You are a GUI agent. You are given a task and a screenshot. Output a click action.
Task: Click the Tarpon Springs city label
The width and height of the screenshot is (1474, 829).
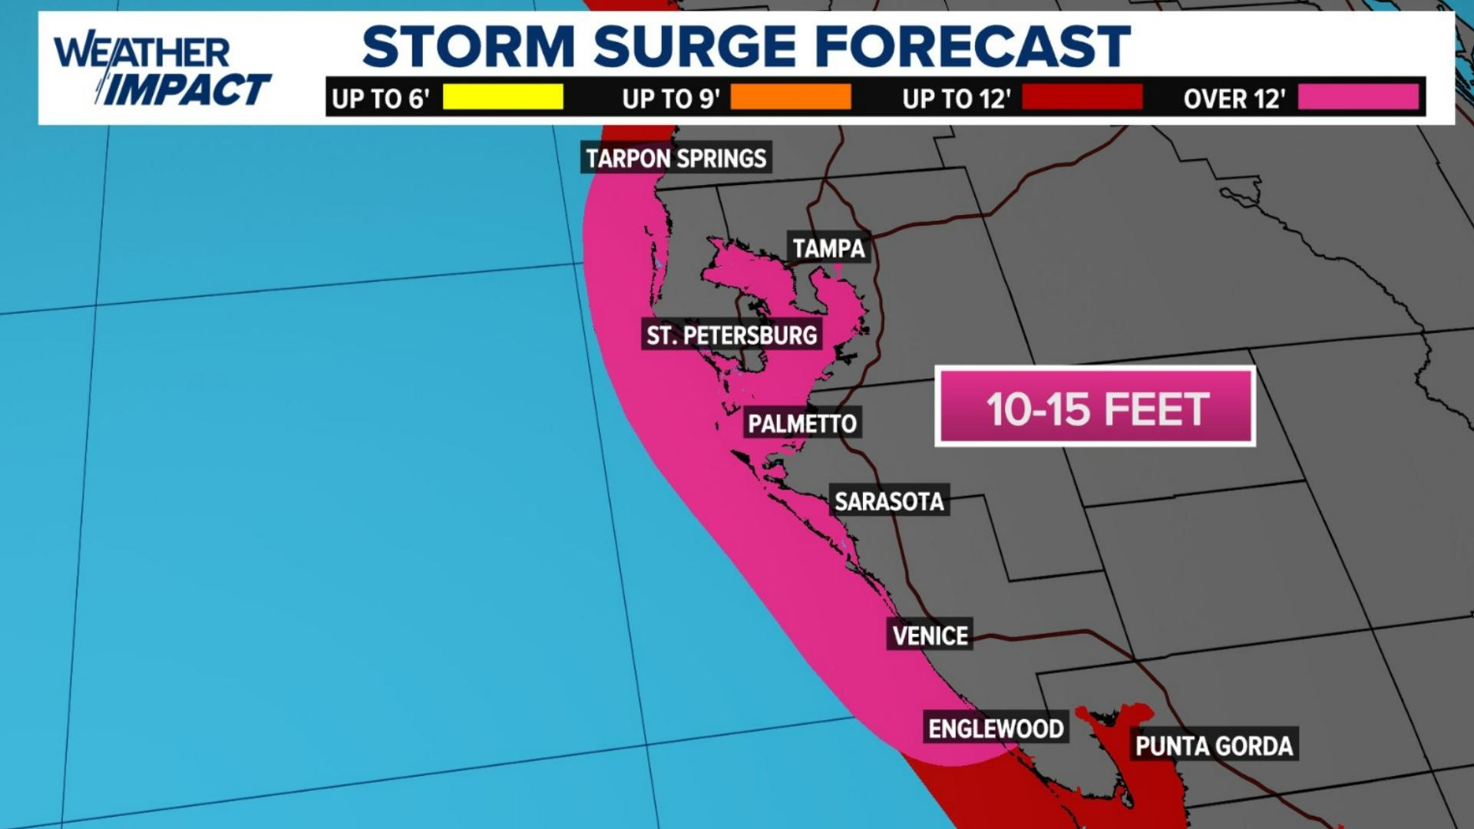pyautogui.click(x=676, y=158)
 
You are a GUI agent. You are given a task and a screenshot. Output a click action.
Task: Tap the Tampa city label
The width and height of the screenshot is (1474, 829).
pyautogui.click(x=828, y=248)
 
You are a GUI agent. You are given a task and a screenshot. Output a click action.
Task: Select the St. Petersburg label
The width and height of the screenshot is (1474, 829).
pyautogui.click(x=732, y=335)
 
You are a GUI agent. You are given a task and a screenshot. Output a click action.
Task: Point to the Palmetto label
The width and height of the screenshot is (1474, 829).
pyautogui.click(x=802, y=424)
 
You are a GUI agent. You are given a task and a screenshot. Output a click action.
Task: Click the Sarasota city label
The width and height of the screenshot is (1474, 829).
pyautogui.click(x=889, y=501)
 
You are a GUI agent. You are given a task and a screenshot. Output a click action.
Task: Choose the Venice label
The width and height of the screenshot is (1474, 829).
pyautogui.click(x=930, y=636)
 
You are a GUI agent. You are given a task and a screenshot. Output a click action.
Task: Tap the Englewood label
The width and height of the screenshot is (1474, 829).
pyautogui.click(x=996, y=728)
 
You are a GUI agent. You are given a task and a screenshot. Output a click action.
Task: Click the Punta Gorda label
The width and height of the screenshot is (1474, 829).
pyautogui.click(x=1214, y=745)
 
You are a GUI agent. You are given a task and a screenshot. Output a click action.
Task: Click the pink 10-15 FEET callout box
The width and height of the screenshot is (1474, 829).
pyautogui.click(x=1096, y=408)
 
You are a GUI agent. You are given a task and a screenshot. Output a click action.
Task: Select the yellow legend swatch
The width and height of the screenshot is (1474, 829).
pyautogui.click(x=503, y=97)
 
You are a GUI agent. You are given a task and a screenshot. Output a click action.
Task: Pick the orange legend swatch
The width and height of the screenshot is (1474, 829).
pyautogui.click(x=791, y=97)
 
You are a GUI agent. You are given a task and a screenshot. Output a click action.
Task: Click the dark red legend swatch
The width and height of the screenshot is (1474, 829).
pyautogui.click(x=1082, y=97)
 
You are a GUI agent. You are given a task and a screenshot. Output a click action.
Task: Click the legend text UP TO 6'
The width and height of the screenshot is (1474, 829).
pyautogui.click(x=380, y=99)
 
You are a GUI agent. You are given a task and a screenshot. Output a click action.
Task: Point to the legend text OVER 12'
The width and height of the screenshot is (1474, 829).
pyautogui.click(x=1234, y=99)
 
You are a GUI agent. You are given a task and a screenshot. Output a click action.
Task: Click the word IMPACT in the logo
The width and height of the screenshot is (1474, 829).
pyautogui.click(x=187, y=90)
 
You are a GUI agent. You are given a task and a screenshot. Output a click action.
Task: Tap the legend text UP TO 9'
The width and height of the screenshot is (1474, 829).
pyautogui.click(x=671, y=99)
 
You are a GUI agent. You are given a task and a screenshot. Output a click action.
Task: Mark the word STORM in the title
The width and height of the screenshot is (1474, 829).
pyautogui.click(x=468, y=46)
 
